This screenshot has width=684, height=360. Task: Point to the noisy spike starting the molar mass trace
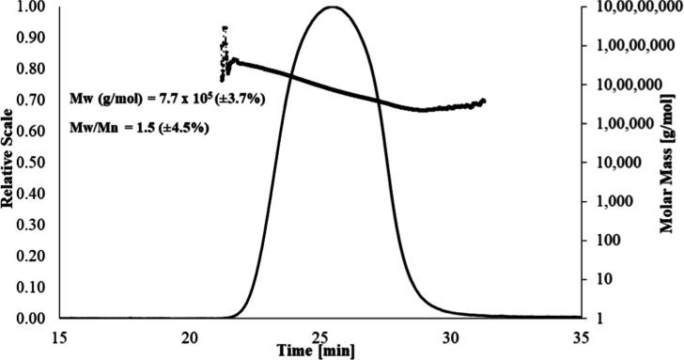(224, 42)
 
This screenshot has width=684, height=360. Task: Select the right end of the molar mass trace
(485, 100)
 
